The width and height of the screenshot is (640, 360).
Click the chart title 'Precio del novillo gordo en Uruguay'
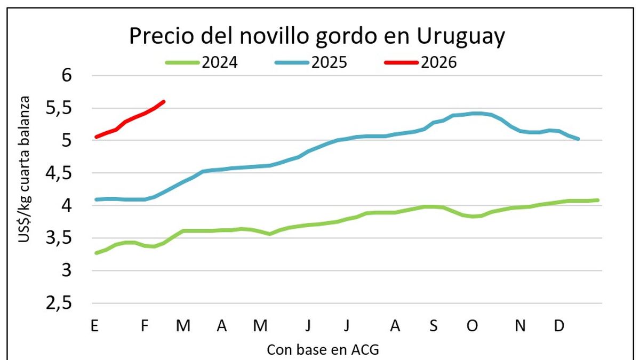[x=317, y=37]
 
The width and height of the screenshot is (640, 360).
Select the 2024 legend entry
[x=202, y=62]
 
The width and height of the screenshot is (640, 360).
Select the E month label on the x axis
[x=94, y=326]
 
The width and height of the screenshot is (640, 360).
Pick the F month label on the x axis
[x=144, y=326]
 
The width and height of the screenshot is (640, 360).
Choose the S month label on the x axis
[x=434, y=326]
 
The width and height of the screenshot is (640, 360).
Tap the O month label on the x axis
[x=473, y=326]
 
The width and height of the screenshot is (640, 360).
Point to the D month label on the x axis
[x=559, y=326]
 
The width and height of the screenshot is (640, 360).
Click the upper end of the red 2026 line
[x=164, y=101]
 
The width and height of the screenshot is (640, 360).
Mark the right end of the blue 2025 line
[x=579, y=139]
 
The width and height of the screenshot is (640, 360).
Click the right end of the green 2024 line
[x=597, y=200]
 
